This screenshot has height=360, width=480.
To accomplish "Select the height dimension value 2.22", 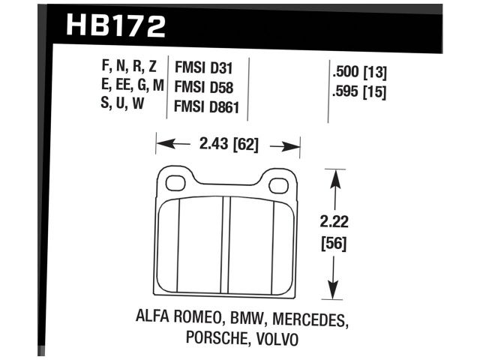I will click(335, 223).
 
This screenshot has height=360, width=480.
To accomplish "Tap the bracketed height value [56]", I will click(335, 243).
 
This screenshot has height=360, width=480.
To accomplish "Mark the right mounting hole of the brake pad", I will click(280, 181).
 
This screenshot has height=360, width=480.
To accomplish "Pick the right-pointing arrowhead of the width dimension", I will click(294, 145).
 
